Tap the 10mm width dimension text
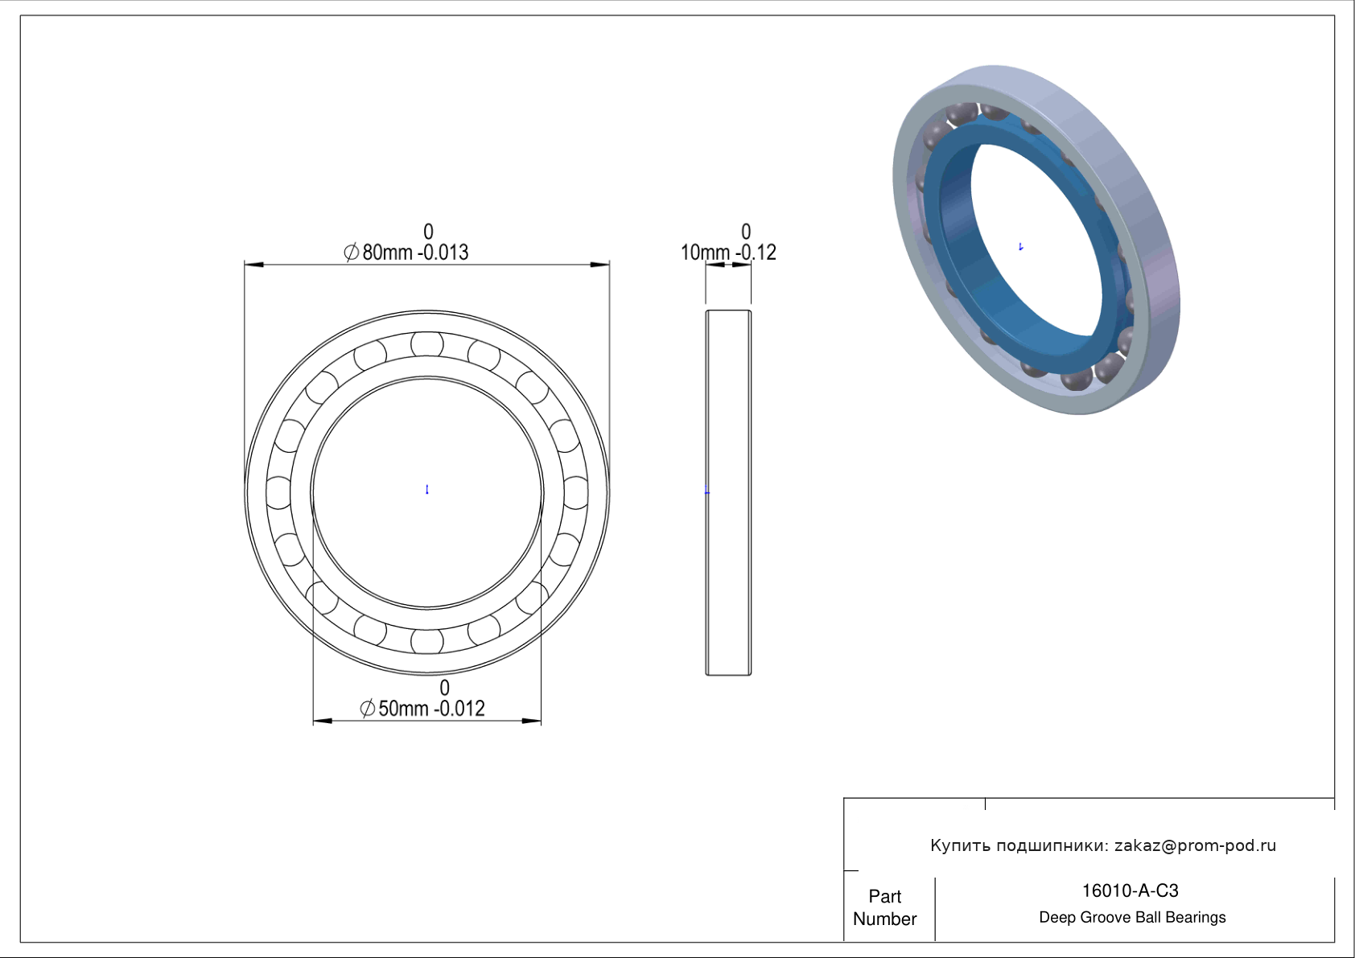[x=728, y=253]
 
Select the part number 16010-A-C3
[x=1130, y=890]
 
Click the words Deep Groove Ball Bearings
[x=1132, y=918]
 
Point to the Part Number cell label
[x=884, y=907]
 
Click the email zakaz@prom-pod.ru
[x=1196, y=845]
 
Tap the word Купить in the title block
[x=960, y=845]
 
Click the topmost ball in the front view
[x=427, y=344]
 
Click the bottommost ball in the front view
[x=427, y=642]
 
